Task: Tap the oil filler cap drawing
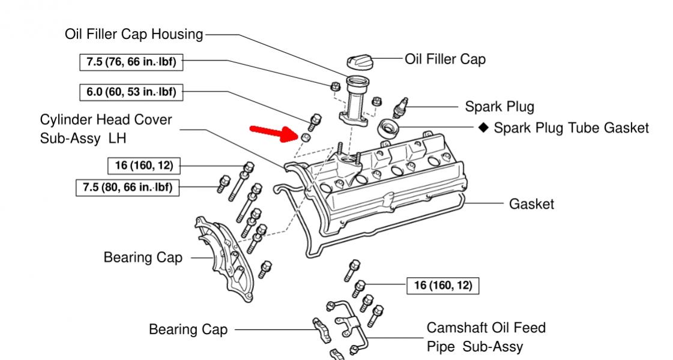point(359,62)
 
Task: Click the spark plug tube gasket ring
point(388,129)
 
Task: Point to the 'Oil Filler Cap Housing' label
point(134,34)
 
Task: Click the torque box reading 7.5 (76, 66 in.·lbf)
point(131,62)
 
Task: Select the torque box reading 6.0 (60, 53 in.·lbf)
point(131,92)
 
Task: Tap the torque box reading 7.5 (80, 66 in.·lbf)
point(127,188)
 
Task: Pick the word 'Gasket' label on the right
point(531,204)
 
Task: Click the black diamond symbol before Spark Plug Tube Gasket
point(484,127)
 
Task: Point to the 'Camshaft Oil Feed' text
point(486,328)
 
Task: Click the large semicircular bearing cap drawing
point(224,257)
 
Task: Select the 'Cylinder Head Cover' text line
point(106,120)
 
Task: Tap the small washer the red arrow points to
point(305,137)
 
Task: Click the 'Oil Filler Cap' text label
point(445,59)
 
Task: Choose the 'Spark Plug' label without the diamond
point(499,107)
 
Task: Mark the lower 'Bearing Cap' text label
point(188,329)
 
